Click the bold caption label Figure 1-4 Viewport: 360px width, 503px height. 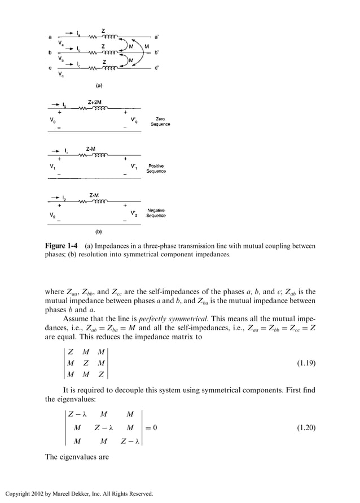(x=62, y=246)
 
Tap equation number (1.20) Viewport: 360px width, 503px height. (x=306, y=427)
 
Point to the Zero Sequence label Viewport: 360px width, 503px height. (x=160, y=121)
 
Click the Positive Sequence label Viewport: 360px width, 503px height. (x=156, y=168)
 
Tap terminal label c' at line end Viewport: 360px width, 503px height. (x=156, y=68)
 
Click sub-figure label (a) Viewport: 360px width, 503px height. (x=98, y=86)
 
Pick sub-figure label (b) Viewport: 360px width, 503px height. (x=98, y=231)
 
